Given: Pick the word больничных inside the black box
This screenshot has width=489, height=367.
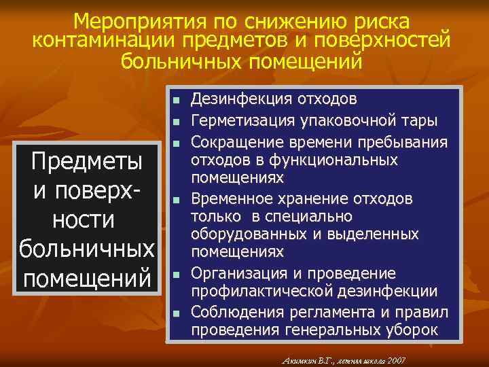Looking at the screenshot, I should point(87,249).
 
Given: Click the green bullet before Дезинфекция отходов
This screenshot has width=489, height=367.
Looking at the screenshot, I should point(175,100).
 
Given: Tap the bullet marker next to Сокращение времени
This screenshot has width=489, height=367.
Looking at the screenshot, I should point(175,143).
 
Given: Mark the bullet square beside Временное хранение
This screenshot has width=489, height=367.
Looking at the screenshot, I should point(175,200).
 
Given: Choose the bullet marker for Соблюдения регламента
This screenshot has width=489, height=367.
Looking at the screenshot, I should point(175,313).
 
